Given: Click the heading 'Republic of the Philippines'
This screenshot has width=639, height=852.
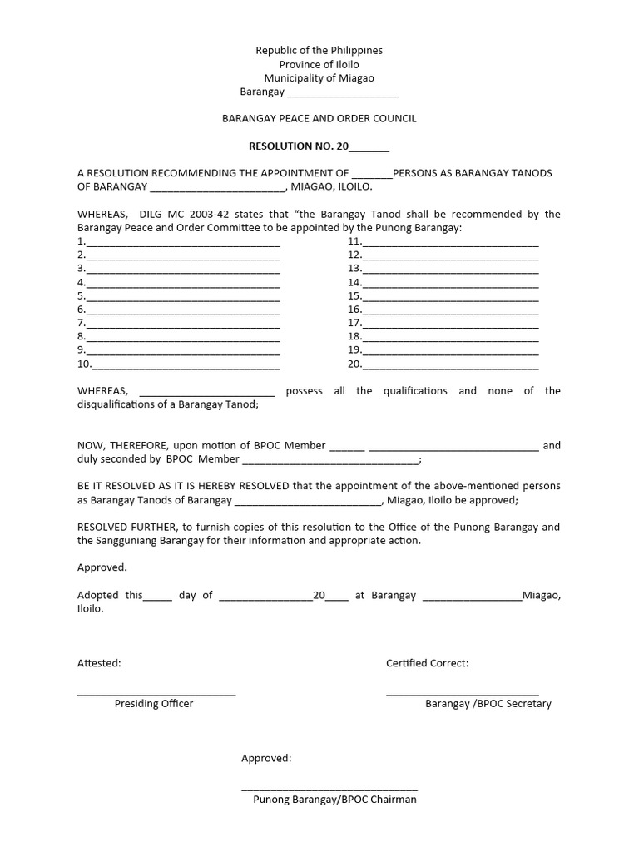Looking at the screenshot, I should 319,51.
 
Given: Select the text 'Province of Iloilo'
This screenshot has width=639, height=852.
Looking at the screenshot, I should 319,65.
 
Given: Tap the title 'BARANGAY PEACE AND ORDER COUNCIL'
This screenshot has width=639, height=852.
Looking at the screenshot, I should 319,119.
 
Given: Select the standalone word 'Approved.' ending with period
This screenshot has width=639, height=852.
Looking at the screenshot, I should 102,567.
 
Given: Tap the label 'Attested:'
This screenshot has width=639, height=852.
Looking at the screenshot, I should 99,663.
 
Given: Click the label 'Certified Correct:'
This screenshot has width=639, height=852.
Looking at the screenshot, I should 427,663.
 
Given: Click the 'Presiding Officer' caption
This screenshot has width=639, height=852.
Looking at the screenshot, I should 154,704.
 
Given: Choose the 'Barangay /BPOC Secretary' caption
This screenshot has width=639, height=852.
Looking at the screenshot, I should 488,704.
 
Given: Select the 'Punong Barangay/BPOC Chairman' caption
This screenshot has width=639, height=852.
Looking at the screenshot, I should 334,800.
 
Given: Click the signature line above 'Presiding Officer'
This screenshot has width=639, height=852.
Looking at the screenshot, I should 156,693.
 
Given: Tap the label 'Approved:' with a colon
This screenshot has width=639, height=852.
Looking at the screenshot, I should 266,759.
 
